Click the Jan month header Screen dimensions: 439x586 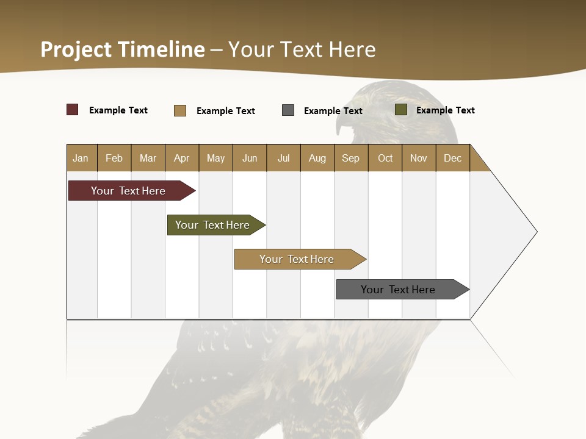tap(81, 158)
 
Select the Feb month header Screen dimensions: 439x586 tap(114, 158)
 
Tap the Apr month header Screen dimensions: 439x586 tap(182, 158)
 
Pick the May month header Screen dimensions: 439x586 tap(215, 158)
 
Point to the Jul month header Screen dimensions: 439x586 tap(283, 158)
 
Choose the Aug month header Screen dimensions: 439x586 tap(317, 158)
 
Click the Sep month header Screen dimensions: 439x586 tap(351, 158)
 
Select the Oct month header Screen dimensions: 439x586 tap(385, 158)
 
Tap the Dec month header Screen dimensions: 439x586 tap(453, 158)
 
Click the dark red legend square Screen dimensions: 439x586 tap(73, 110)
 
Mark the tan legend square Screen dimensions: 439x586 tap(180, 110)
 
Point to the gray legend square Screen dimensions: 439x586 tap(288, 110)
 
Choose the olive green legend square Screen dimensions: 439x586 tap(401, 110)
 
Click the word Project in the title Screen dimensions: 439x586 tap(76, 49)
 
